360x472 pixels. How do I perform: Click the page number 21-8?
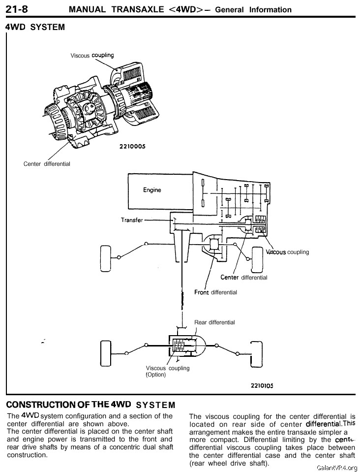pyautogui.click(x=17, y=8)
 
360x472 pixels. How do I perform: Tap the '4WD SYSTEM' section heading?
pyautogui.click(x=34, y=27)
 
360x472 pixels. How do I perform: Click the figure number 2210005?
pyautogui.click(x=132, y=146)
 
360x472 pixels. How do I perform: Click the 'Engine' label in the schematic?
pyautogui.click(x=152, y=190)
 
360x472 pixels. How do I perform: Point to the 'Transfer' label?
pyautogui.click(x=131, y=220)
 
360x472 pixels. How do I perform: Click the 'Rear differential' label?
pyautogui.click(x=214, y=322)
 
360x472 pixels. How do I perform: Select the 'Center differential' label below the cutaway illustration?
pyautogui.click(x=47, y=164)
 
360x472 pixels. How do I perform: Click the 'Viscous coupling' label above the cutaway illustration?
pyautogui.click(x=92, y=56)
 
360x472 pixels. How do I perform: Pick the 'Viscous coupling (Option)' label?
pyautogui.click(x=167, y=371)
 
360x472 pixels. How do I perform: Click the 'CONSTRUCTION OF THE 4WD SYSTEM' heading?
pyautogui.click(x=90, y=405)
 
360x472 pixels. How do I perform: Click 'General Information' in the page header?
pyautogui.click(x=253, y=9)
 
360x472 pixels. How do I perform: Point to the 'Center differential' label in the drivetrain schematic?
pyautogui.click(x=243, y=278)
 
